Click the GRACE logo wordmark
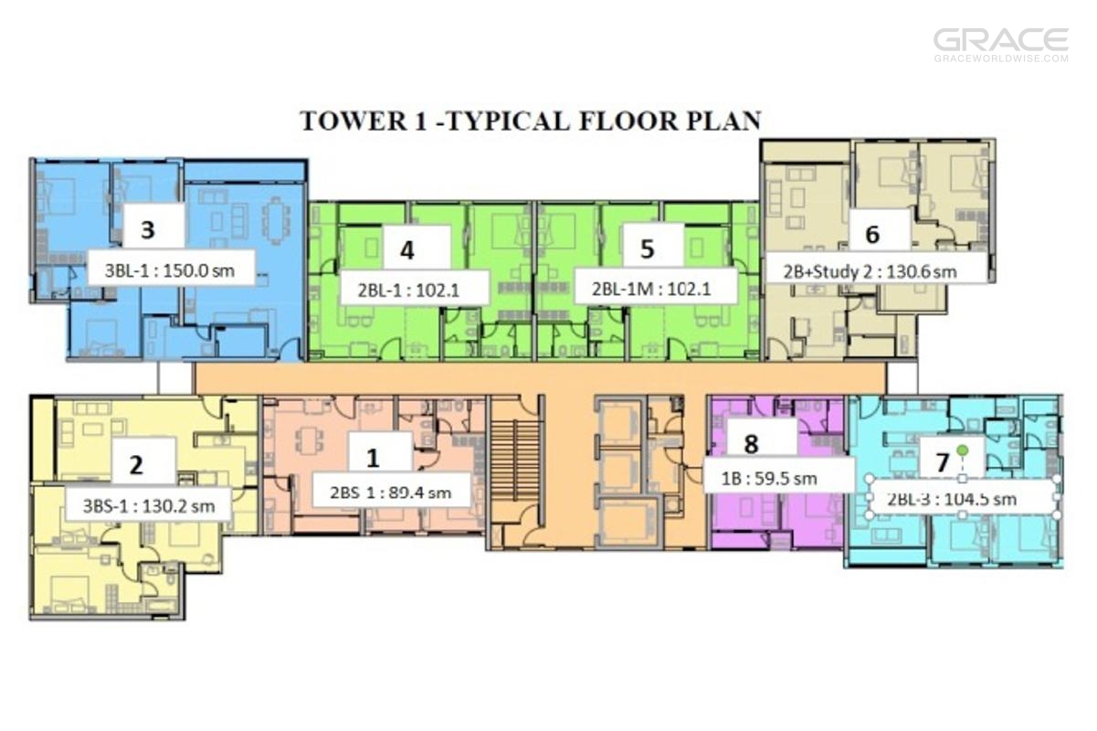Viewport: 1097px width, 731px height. pyautogui.click(x=1001, y=39)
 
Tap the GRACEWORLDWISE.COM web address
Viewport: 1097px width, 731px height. pyautogui.click(x=1001, y=58)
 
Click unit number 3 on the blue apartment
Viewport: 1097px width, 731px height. pyautogui.click(x=148, y=229)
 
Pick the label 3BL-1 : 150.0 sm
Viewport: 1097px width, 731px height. pyautogui.click(x=170, y=270)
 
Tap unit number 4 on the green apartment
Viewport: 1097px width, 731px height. pyautogui.click(x=407, y=250)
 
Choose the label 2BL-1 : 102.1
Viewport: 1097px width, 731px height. pyautogui.click(x=408, y=291)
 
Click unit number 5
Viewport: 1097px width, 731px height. pyautogui.click(x=648, y=249)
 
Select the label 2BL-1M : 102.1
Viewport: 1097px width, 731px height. pyautogui.click(x=651, y=289)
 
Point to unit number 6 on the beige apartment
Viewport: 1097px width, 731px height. pyautogui.click(x=872, y=234)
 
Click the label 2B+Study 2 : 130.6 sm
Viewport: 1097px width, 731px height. pyautogui.click(x=870, y=271)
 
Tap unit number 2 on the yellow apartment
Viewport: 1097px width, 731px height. pyautogui.click(x=136, y=464)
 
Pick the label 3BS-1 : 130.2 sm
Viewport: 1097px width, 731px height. pyautogui.click(x=149, y=505)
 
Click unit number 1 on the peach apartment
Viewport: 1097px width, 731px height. pyautogui.click(x=374, y=458)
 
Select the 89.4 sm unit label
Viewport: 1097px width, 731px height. pyautogui.click(x=390, y=492)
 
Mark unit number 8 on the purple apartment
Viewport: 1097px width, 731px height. pyautogui.click(x=751, y=444)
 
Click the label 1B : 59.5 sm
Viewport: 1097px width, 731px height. pyautogui.click(x=769, y=478)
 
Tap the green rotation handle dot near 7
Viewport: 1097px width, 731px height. pyautogui.click(x=963, y=450)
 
